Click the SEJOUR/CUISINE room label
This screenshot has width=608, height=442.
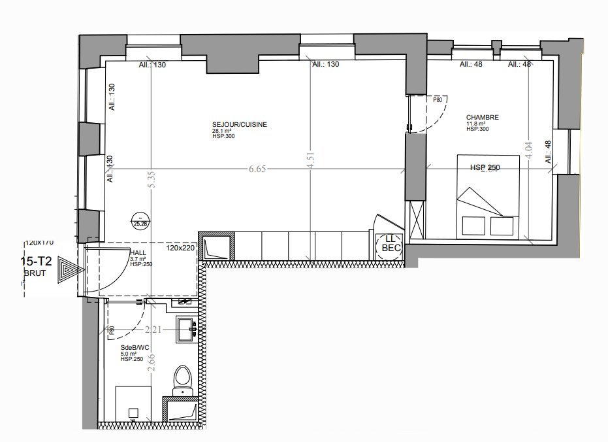[239, 124]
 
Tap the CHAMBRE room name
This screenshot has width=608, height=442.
[482, 118]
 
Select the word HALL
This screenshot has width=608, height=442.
[138, 252]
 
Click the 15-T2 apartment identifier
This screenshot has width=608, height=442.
[37, 261]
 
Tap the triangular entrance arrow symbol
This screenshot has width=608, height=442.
[67, 269]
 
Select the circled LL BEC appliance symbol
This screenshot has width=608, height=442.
[390, 245]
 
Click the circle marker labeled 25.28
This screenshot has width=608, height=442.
[139, 221]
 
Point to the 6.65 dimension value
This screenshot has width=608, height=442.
[257, 169]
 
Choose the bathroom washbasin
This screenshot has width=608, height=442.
[185, 328]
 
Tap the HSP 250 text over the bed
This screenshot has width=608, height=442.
[485, 168]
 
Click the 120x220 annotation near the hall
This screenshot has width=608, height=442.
[181, 249]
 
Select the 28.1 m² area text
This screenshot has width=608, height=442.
[221, 131]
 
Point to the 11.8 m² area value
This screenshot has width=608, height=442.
[475, 124]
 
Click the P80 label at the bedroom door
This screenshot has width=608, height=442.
[438, 100]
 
